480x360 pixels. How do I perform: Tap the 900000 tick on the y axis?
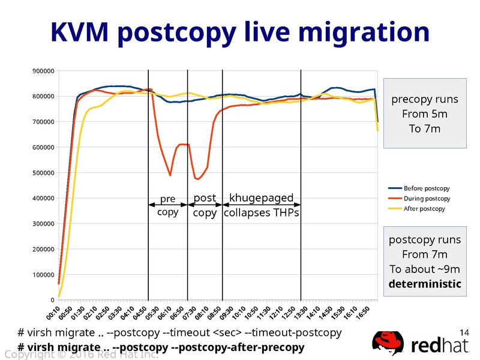[43, 71]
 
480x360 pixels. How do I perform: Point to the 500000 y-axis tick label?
[43, 173]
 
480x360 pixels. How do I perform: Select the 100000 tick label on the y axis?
[43, 275]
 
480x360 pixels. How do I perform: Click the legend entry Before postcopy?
[427, 188]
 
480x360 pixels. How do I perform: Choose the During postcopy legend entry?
[427, 199]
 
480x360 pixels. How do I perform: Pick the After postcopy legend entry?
[424, 209]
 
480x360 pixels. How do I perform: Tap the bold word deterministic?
[425, 283]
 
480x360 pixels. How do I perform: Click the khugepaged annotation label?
[262, 198]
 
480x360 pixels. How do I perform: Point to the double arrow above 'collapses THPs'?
[262, 205]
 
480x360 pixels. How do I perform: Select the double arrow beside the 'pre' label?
[167, 205]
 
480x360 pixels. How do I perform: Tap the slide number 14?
[463, 332]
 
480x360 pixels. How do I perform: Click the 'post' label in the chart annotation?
[204, 199]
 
